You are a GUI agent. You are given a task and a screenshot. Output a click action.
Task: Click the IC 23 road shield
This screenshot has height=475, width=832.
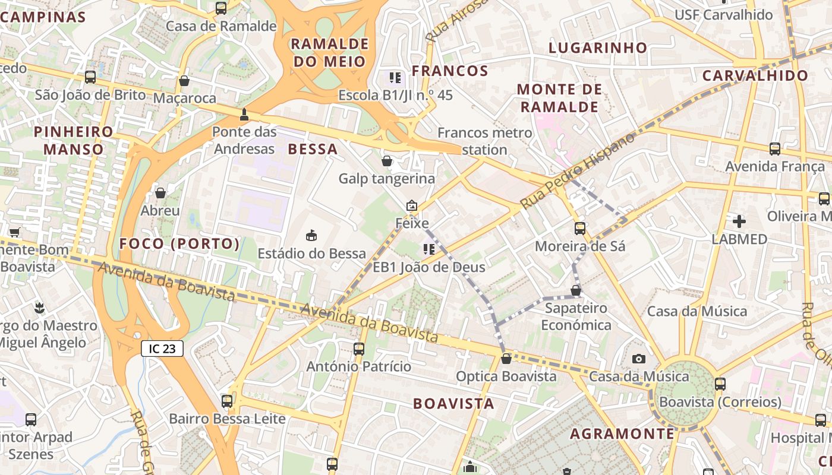[x=162, y=349]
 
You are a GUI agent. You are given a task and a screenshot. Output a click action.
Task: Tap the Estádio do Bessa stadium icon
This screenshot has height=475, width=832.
[x=311, y=236]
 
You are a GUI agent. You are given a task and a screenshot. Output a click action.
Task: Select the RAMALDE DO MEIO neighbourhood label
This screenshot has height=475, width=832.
[x=330, y=52]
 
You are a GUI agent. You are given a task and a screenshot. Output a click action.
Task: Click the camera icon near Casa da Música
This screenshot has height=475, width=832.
[x=639, y=359]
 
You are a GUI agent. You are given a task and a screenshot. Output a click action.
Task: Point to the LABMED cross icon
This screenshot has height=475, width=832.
[x=739, y=222]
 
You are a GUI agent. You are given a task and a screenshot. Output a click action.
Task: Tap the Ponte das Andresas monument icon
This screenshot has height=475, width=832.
[x=244, y=114]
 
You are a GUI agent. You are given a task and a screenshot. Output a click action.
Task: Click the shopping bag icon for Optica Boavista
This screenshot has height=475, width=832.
[x=506, y=359]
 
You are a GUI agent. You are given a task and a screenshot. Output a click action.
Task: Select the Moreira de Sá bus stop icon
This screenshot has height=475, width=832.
[x=579, y=229]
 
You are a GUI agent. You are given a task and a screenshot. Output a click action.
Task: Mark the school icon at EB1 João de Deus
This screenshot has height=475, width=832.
[x=428, y=249]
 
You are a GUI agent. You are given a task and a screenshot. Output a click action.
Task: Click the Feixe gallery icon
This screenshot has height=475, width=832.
[x=411, y=206]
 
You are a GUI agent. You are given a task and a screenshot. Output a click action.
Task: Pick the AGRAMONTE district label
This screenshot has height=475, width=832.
[x=622, y=434]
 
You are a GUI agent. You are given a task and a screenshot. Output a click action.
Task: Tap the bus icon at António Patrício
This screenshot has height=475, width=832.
[x=359, y=349]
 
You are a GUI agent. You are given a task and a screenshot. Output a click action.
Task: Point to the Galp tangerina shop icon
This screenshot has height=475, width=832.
[x=387, y=161]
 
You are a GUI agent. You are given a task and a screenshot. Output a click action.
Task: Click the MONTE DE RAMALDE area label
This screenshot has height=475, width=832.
[x=559, y=98]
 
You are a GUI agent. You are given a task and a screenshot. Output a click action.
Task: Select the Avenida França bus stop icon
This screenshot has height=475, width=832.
[x=775, y=149]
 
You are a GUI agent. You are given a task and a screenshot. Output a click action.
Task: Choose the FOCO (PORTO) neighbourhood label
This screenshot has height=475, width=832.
[x=179, y=244]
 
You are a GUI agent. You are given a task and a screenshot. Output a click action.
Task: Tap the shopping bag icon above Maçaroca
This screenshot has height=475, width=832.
[x=184, y=81]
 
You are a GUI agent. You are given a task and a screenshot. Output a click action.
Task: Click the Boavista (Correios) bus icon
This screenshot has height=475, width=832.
[x=720, y=384]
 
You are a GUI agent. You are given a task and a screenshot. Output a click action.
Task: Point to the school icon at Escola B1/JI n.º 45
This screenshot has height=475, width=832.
[x=395, y=77]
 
